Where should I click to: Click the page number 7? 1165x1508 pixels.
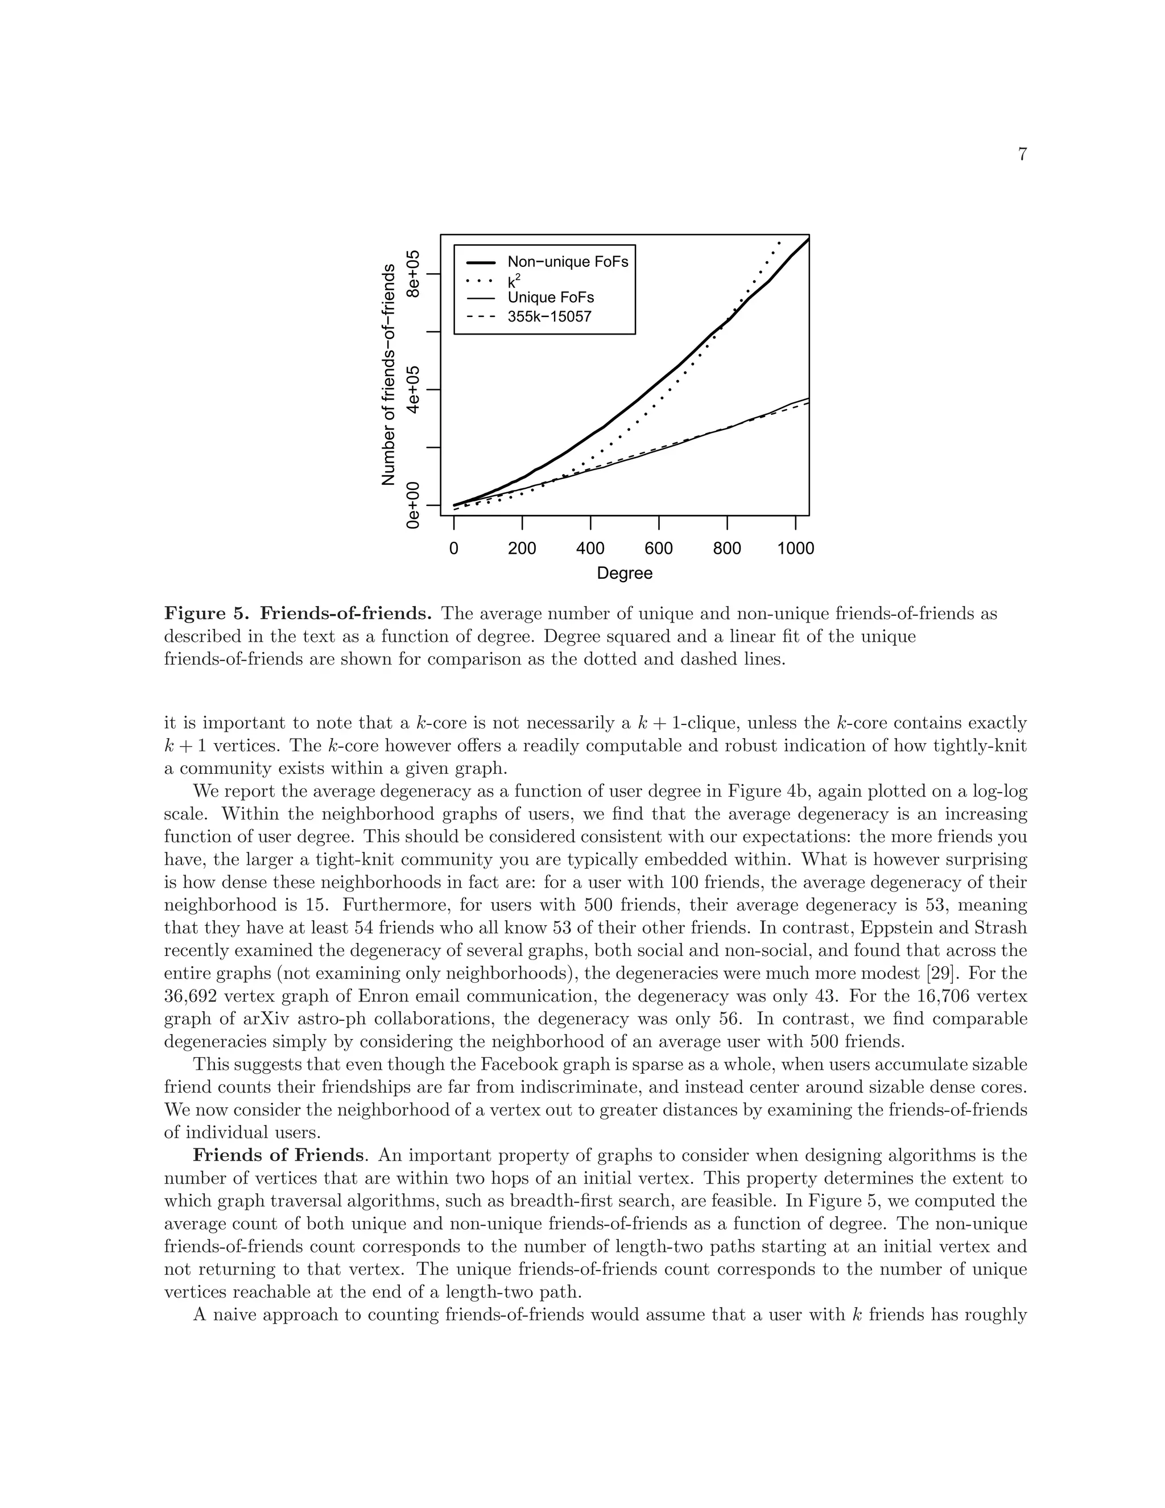(x=1022, y=155)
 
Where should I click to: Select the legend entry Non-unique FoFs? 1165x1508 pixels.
(x=567, y=262)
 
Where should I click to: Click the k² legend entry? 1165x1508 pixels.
(x=514, y=281)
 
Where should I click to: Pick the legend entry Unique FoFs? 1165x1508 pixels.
(x=550, y=298)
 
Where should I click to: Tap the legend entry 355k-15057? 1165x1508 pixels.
(x=550, y=317)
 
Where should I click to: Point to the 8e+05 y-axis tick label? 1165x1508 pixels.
(x=414, y=274)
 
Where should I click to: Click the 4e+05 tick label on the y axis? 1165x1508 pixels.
(x=414, y=390)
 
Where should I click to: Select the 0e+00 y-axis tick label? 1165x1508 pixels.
(x=414, y=505)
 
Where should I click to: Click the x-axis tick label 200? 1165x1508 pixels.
(x=522, y=549)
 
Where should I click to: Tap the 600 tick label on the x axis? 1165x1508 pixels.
(x=658, y=549)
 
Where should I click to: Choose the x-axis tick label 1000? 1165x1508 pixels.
(x=795, y=549)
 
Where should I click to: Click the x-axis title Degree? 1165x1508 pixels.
(x=624, y=574)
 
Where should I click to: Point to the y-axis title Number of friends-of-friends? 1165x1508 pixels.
(x=389, y=374)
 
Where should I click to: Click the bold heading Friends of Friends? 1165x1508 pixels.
(x=277, y=1155)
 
